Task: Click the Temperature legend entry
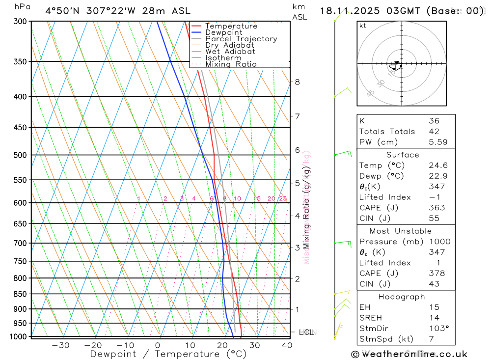coord(231,26)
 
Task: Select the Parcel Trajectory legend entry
coord(241,39)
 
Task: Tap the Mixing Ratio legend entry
coord(231,64)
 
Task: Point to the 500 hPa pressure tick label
coord(21,155)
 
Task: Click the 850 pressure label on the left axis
coord(21,294)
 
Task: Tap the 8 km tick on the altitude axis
coord(298,82)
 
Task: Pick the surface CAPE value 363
coord(434,208)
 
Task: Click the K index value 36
coord(434,121)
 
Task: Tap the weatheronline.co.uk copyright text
coord(409,354)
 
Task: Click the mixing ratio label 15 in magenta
coord(257,198)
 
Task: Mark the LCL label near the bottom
coord(306,332)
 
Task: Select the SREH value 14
coord(434,318)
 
